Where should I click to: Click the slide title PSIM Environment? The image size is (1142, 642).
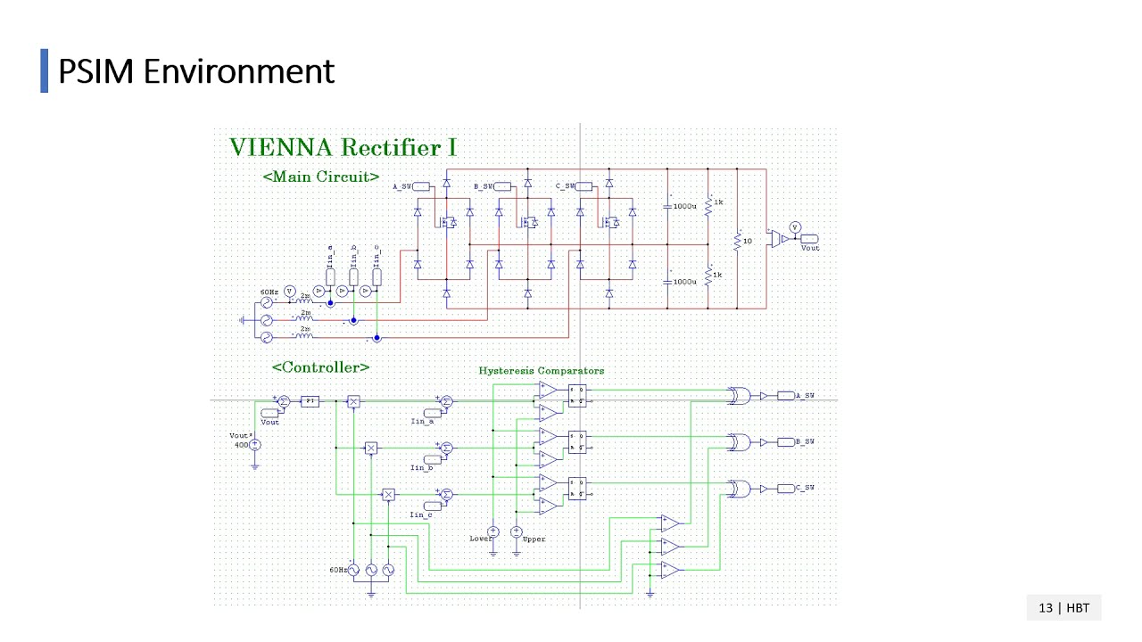coord(195,71)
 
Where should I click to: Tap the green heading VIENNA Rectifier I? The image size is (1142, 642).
coord(343,147)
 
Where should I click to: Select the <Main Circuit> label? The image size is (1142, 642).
coord(321,177)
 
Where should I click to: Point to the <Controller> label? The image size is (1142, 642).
coord(320,366)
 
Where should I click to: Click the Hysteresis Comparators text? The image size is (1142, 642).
coord(541,370)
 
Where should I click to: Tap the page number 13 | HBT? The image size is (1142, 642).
coord(1063,607)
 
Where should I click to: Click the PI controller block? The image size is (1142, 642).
coord(310,401)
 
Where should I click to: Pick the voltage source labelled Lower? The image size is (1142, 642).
coord(492,531)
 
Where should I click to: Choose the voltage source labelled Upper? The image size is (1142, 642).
coord(516,531)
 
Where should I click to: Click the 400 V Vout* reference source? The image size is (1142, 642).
coord(254,444)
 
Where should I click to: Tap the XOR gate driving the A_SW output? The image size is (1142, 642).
coord(739,397)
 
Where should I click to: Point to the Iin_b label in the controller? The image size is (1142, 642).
coord(422,467)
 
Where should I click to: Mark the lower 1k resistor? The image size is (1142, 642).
coord(708,276)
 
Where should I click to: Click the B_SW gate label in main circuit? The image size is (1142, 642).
coord(483,186)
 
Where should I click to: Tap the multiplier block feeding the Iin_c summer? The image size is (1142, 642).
coord(388,494)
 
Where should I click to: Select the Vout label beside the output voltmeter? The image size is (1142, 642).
coord(809,247)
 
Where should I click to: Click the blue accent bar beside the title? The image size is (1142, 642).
coord(45,71)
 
